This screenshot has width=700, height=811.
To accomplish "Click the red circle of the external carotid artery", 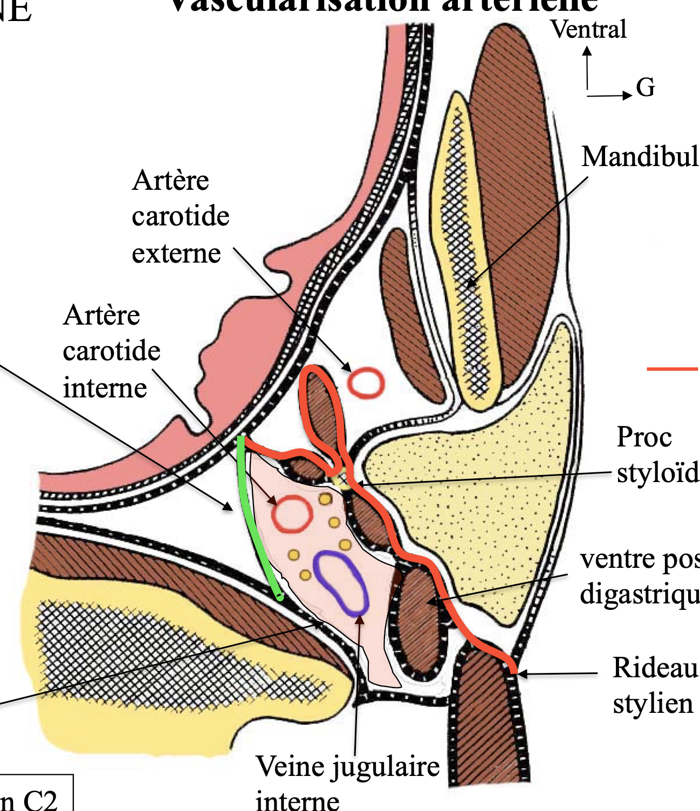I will tap(366, 383).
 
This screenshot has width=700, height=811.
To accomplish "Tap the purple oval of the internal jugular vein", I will tap(341, 584).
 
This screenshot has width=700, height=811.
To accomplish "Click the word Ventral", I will tap(588, 29).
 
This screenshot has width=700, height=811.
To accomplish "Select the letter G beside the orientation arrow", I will tap(646, 87).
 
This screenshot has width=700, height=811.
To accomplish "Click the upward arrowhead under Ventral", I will tap(587, 52).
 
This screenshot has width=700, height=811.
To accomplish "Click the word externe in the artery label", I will tap(176, 253).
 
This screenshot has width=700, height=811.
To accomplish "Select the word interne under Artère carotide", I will tap(105, 388).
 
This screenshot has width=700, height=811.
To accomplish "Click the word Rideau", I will tap(655, 668).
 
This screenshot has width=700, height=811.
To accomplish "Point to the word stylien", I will tap(653, 704).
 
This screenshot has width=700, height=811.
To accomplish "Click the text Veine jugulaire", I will tap(348, 767).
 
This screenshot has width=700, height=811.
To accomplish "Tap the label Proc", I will tap(644, 437).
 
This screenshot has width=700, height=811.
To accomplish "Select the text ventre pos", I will tap(640, 559).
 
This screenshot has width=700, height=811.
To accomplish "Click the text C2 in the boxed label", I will tap(40, 800).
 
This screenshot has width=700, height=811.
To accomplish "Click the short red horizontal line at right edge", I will tap(672, 369).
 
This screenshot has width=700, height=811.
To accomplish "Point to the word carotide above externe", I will tap(181, 217).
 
